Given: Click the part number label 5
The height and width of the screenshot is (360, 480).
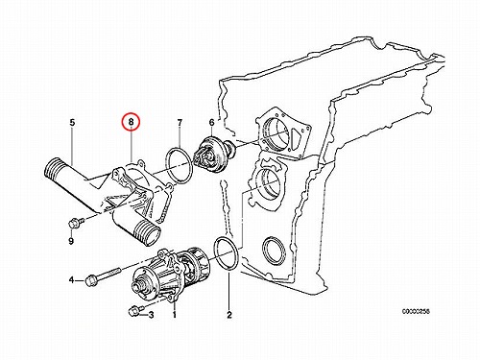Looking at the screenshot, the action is tap(72, 122).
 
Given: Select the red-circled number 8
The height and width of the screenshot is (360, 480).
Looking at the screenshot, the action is tap(131, 122).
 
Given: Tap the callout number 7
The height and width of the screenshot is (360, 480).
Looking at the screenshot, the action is tap(180, 122).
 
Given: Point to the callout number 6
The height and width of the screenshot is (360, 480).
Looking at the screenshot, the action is tap(211, 122).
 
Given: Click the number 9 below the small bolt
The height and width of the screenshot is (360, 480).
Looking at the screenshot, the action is tap(71, 241).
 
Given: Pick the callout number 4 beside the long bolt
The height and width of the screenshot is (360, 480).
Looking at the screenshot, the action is tap(72, 280).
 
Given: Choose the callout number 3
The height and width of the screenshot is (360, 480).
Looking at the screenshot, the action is tap(151, 315).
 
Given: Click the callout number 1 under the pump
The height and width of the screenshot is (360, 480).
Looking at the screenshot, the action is tap(175, 315).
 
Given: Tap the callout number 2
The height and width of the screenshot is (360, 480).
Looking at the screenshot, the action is tap(229, 315).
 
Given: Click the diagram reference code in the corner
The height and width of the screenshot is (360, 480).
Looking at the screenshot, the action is tap(416, 311).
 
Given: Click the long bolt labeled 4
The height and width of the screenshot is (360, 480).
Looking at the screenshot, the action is tap(102, 277).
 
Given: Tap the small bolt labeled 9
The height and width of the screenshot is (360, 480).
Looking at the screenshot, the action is tap(76, 222).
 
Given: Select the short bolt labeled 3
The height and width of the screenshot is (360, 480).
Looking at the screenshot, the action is tap(135, 310).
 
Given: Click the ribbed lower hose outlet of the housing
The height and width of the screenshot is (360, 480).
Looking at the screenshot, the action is tap(147, 233).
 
